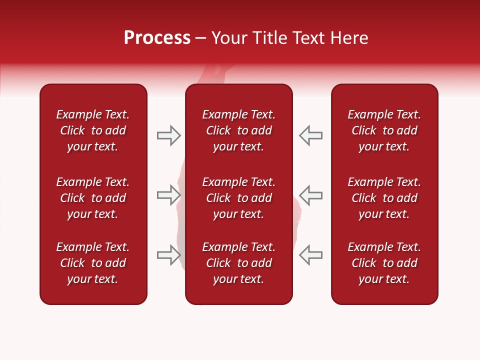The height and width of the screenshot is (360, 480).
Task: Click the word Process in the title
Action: click(157, 38)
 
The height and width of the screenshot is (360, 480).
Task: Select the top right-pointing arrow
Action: click(168, 135)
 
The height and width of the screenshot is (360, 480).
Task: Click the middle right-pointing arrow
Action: click(168, 194)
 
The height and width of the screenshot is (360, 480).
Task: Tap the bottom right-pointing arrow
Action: click(168, 254)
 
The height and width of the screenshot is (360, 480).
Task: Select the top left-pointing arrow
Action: click(311, 135)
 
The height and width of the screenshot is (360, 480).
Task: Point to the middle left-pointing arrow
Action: click(311, 194)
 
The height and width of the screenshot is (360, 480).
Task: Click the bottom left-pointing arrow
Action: click(311, 254)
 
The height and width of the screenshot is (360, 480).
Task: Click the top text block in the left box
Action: click(93, 130)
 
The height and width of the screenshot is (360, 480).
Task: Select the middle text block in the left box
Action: click(93, 198)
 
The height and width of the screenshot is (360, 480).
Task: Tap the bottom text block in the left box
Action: click(93, 263)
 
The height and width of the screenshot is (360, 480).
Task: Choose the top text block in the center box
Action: click(238, 130)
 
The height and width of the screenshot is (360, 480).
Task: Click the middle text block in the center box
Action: click(238, 198)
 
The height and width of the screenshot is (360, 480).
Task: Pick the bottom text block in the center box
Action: click(238, 263)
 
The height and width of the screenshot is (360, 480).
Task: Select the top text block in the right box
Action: click(384, 130)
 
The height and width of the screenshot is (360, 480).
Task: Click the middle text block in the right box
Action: click(384, 198)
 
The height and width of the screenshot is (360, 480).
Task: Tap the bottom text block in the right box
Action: click(384, 263)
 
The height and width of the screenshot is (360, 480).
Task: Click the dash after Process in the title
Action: click(200, 38)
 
